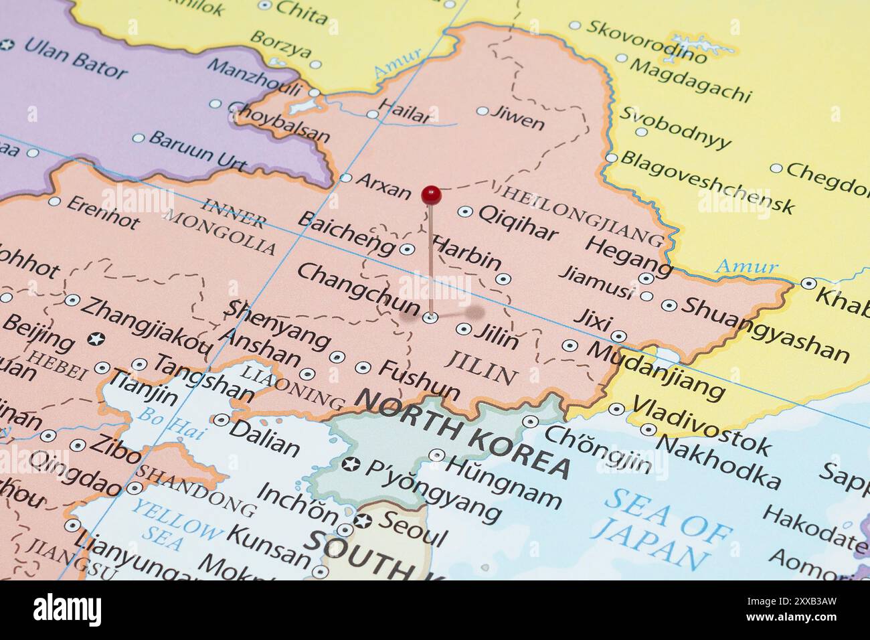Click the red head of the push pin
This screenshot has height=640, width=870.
(431, 195)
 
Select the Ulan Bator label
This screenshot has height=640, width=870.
(75, 58)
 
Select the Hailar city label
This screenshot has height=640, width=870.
(405, 112)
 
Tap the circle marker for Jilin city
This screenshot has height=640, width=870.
(463, 329)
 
